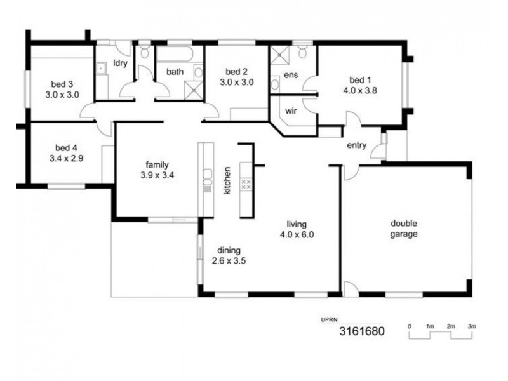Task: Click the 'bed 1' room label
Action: tap(360, 80)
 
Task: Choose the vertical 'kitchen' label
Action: tap(227, 180)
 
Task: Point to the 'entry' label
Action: tap(356, 145)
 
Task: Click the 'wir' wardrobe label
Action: tap(291, 110)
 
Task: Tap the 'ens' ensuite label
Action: tap(291, 75)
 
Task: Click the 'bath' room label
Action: tap(175, 72)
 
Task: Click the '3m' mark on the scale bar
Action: tap(471, 326)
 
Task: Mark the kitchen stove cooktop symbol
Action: tap(247, 184)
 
